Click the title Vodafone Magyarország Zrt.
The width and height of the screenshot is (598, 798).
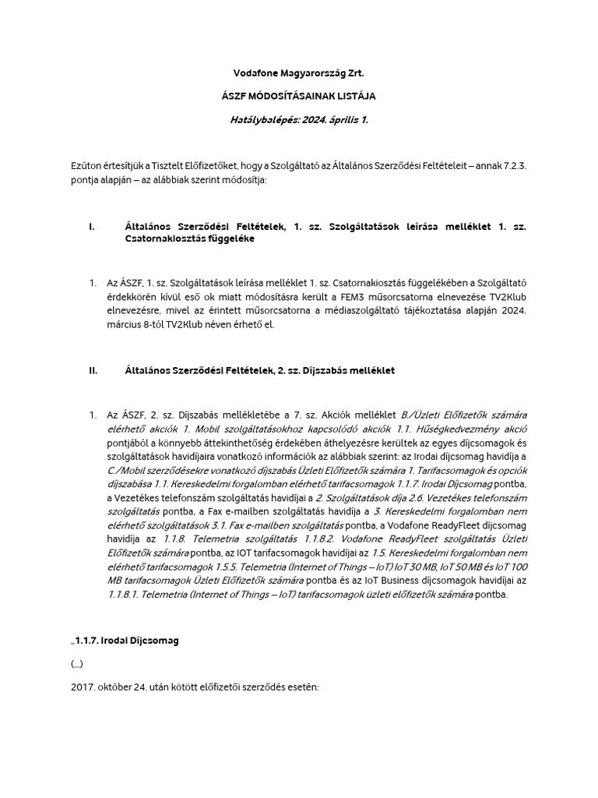298,74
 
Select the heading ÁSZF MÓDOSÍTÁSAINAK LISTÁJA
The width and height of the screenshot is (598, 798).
298,97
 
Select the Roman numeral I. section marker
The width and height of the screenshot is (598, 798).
92,227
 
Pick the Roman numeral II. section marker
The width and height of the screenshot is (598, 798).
93,371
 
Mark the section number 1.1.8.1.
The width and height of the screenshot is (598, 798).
130,595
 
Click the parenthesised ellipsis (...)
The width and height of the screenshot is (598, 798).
76,664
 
